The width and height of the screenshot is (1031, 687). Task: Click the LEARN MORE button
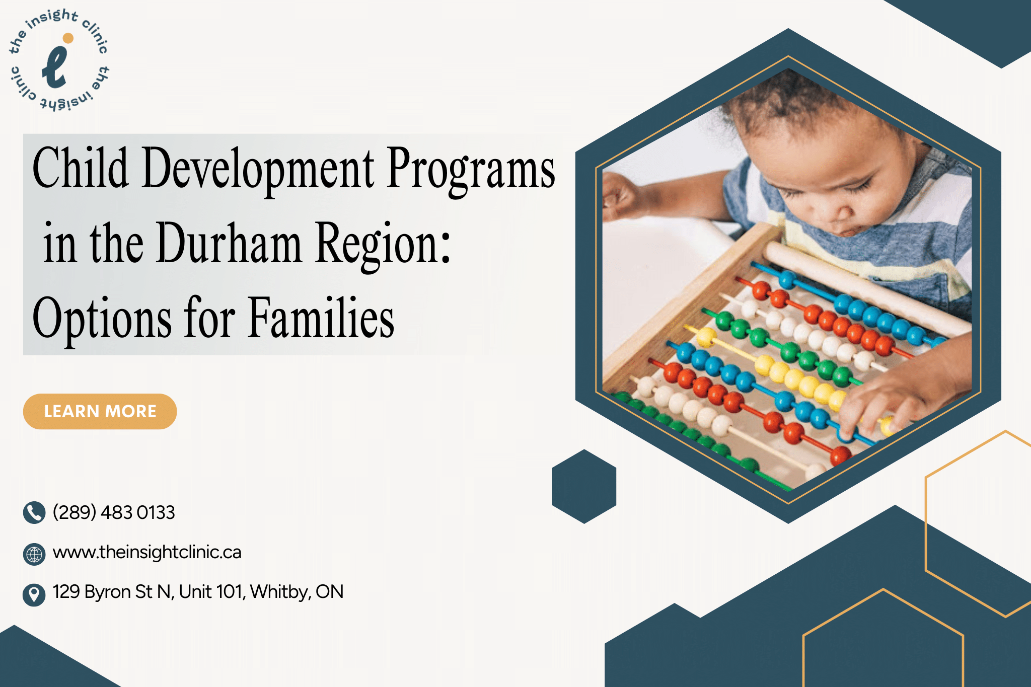click(x=100, y=411)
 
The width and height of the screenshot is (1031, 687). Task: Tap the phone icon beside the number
click(x=34, y=512)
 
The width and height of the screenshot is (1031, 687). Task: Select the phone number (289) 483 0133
click(x=114, y=512)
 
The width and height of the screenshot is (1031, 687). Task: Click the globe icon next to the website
click(x=34, y=554)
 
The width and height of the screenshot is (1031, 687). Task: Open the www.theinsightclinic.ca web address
click(x=147, y=552)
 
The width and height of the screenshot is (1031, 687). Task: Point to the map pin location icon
click(x=34, y=594)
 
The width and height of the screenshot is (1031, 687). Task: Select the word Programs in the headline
click(x=471, y=169)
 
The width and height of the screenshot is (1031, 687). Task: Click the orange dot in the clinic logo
click(x=68, y=38)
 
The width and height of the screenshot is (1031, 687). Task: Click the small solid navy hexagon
click(x=584, y=486)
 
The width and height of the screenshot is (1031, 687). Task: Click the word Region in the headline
click(x=383, y=244)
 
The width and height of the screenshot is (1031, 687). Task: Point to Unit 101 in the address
click(x=211, y=592)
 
